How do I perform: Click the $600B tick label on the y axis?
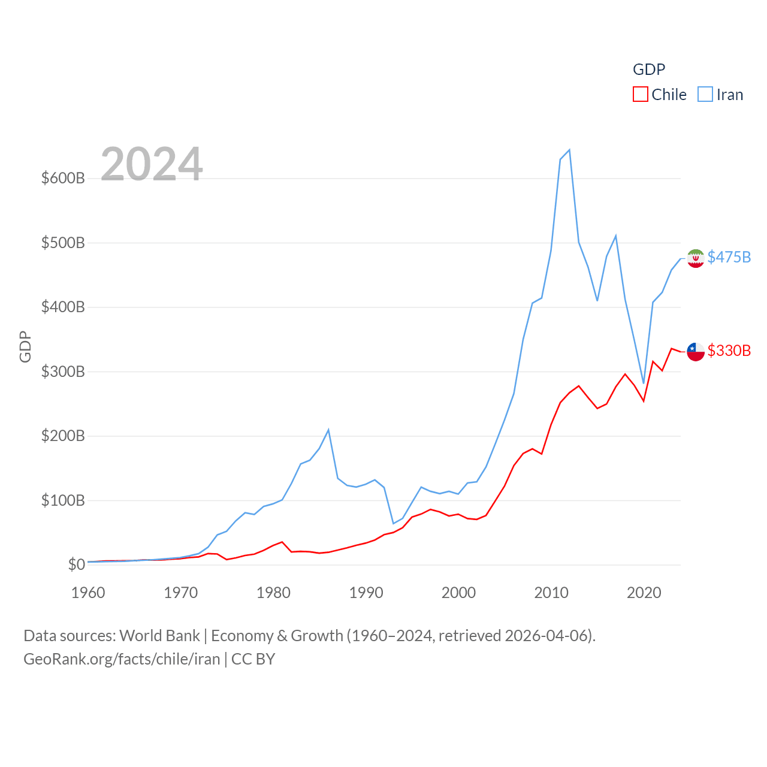point(62,178)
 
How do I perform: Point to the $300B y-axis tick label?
point(62,372)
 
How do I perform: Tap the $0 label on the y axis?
point(76,564)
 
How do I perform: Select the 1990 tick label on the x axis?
point(366,593)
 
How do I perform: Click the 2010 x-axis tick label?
point(551,593)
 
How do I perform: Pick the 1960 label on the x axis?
point(88,593)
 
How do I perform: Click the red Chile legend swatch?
point(641,95)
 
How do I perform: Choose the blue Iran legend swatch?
point(705,95)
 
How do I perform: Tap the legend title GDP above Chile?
point(649,70)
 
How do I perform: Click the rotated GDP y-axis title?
point(25,346)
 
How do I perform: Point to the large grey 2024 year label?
point(152,164)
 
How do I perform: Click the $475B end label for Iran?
point(729,257)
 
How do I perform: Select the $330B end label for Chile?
point(729,351)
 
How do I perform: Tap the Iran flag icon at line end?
point(696,258)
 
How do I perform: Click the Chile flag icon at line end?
point(696,352)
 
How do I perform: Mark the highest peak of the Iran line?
point(569,150)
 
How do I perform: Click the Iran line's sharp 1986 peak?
point(328,430)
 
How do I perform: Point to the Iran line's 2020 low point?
point(644,383)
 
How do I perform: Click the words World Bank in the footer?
point(159,635)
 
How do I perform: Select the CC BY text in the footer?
point(253,659)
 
